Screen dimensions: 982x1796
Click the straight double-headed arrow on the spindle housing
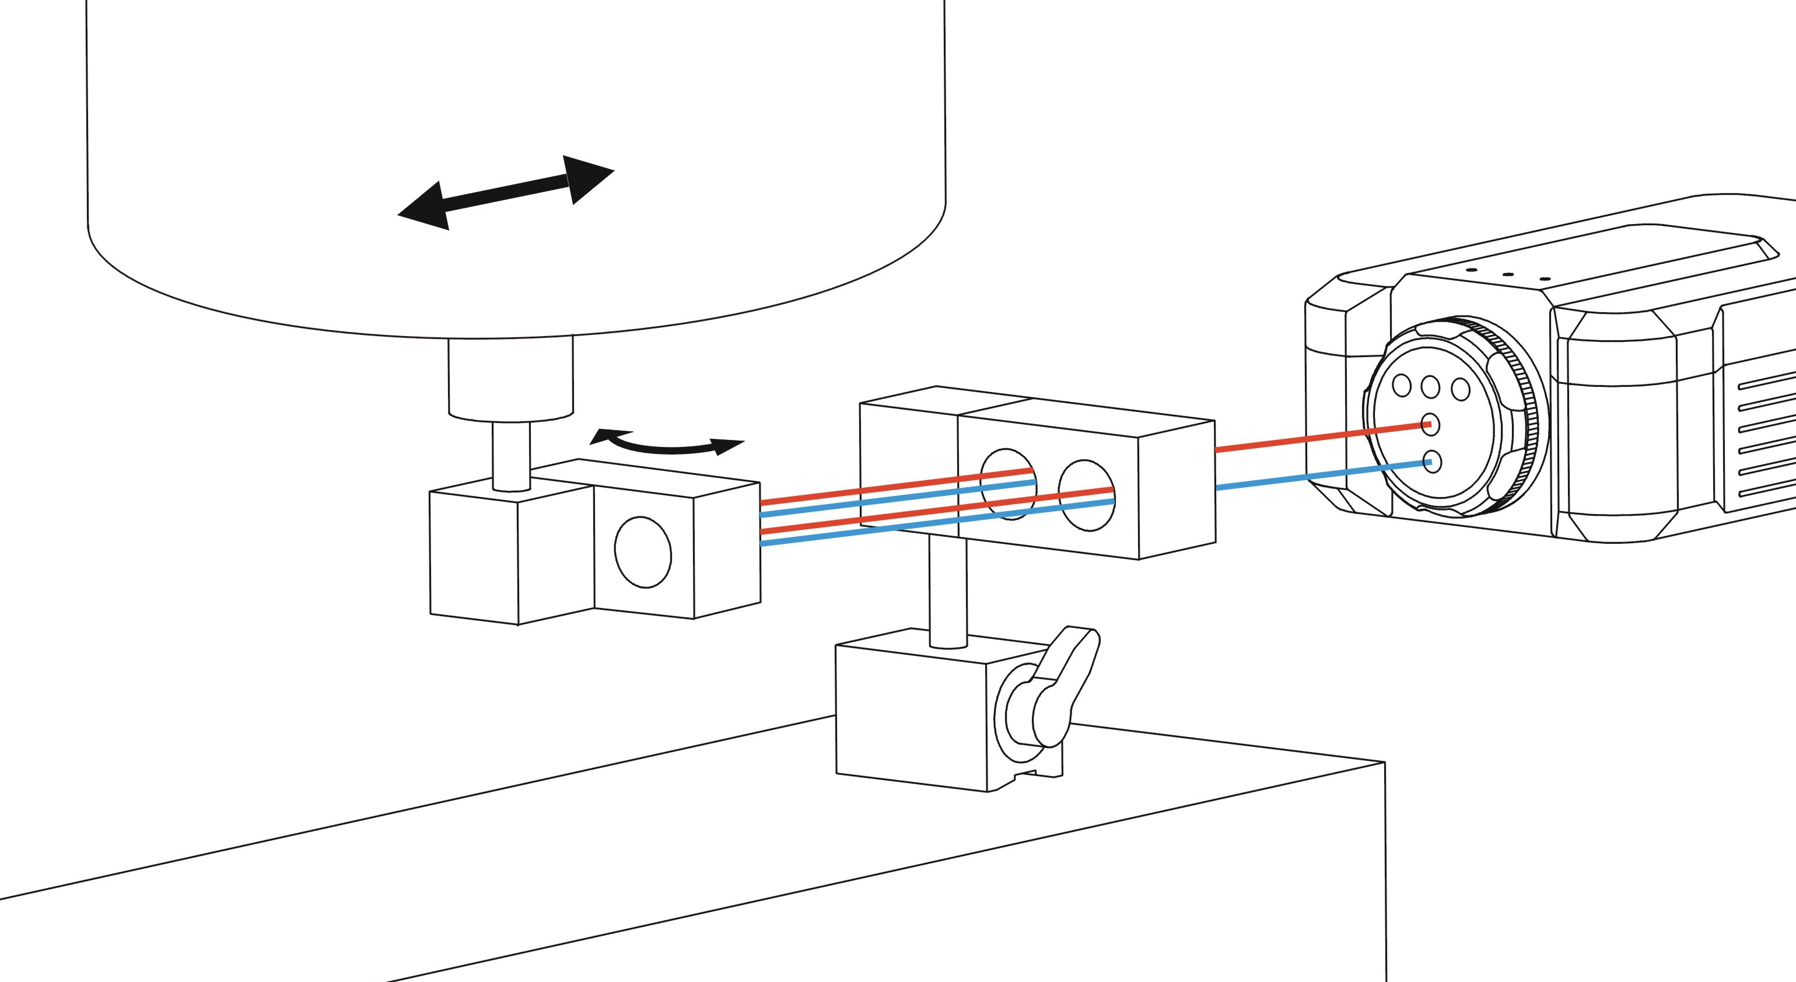point(506,192)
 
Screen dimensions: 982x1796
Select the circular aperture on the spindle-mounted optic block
point(642,551)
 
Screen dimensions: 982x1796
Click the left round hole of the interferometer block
point(1008,484)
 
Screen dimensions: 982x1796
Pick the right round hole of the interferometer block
point(1086,495)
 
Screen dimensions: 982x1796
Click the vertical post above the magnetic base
point(948,589)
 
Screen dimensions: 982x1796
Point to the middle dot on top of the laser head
point(1507,275)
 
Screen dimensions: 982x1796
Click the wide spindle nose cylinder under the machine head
point(510,379)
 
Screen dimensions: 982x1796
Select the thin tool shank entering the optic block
point(510,457)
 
